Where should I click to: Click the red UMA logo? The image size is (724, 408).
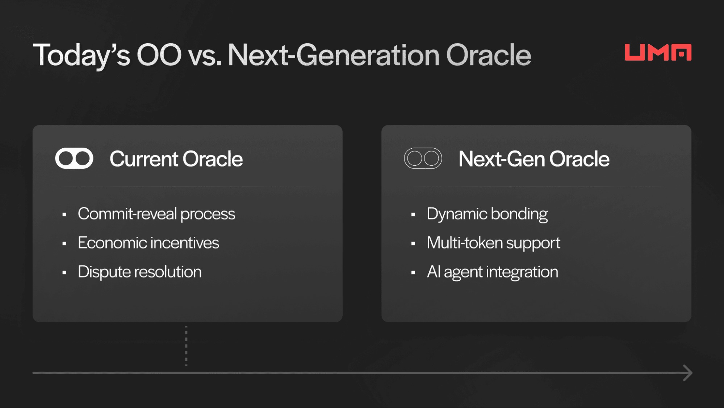click(658, 52)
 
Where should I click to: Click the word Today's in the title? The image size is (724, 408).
click(81, 55)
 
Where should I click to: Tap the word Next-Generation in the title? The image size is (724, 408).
click(333, 55)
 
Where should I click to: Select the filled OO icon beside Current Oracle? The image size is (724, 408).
click(74, 158)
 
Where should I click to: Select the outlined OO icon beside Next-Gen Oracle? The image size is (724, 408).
click(423, 158)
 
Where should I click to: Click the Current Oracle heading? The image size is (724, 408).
click(176, 159)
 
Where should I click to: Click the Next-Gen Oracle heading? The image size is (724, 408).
click(534, 159)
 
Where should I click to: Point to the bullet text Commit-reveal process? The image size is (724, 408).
click(156, 214)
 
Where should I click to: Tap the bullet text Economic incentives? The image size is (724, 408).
click(148, 243)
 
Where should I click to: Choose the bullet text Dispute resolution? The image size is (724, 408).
click(139, 272)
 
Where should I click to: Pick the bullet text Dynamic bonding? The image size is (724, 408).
click(487, 214)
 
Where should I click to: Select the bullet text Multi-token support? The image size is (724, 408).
click(493, 243)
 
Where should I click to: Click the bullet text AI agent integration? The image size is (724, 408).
click(492, 272)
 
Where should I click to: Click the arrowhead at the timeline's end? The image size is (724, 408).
click(687, 373)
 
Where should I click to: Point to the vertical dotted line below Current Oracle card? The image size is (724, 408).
click(186, 346)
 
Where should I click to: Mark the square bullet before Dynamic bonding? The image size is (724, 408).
click(413, 215)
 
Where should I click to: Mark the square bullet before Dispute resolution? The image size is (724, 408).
click(64, 273)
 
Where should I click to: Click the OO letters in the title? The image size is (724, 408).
click(159, 55)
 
